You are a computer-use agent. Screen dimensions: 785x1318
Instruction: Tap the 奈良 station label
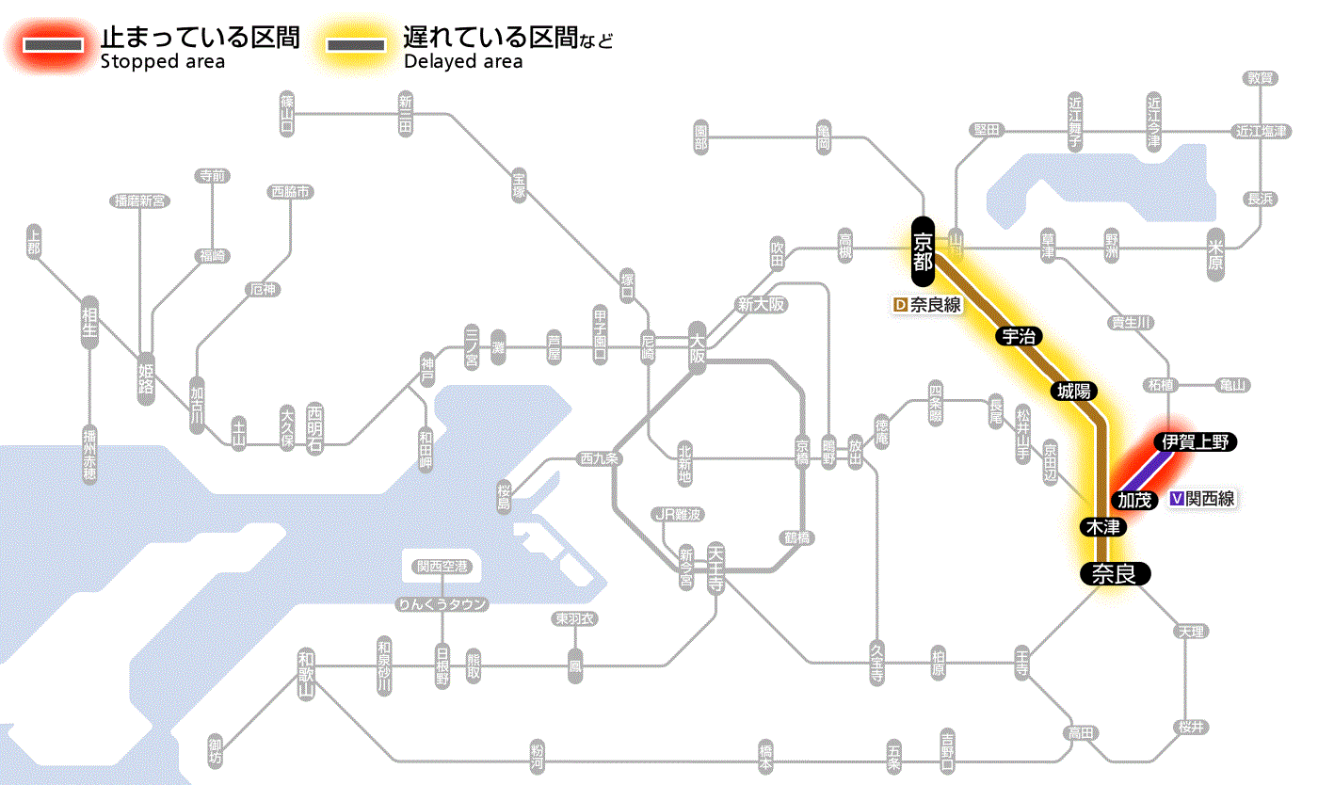tap(1114, 573)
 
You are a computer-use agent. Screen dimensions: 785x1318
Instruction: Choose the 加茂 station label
tap(1134, 499)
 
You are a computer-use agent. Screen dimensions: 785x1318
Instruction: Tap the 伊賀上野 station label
tap(1196, 441)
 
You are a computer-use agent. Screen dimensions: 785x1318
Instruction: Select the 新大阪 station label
tap(761, 304)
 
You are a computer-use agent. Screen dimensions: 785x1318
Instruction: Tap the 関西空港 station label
tap(442, 567)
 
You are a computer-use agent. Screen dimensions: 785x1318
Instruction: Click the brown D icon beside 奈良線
tap(900, 305)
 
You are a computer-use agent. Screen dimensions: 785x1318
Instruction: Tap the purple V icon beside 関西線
tap(1176, 499)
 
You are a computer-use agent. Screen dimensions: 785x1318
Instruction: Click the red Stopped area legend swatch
tap(52, 44)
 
